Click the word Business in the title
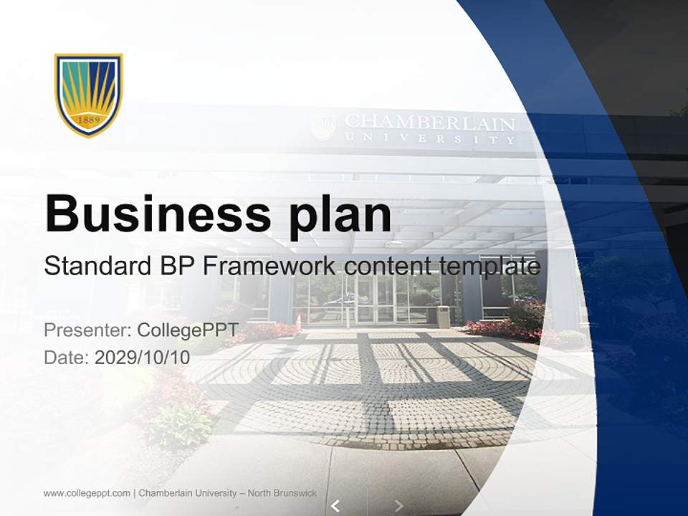click(x=152, y=214)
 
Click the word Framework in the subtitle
click(x=269, y=267)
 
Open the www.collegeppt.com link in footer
click(x=87, y=493)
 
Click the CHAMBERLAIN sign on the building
click(x=429, y=123)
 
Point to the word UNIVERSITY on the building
click(x=429, y=139)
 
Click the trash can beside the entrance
click(x=444, y=316)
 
